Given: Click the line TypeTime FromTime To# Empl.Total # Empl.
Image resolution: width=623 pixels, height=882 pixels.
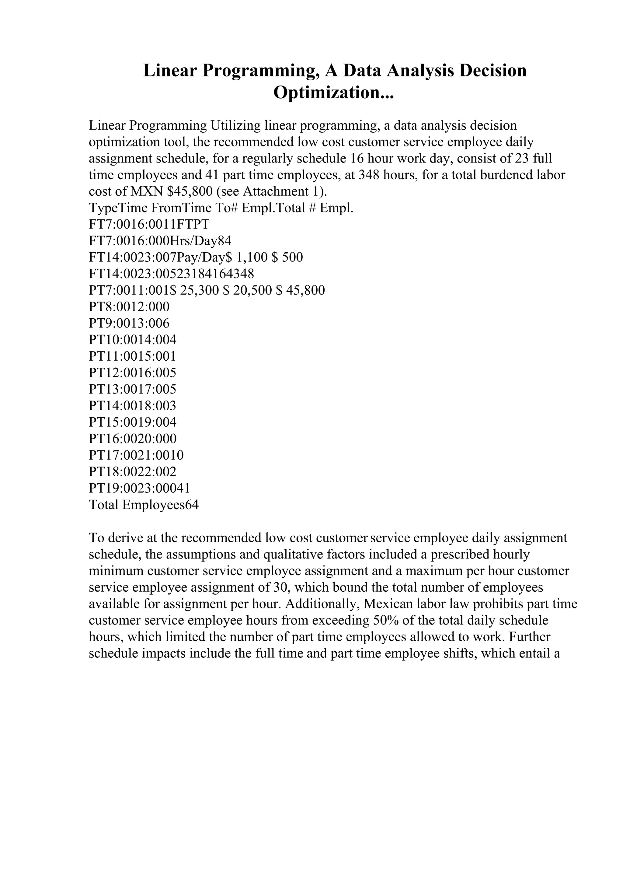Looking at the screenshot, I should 221,208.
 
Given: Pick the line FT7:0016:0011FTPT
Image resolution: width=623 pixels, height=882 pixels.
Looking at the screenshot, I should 149,224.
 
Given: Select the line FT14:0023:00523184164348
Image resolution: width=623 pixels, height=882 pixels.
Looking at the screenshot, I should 171,274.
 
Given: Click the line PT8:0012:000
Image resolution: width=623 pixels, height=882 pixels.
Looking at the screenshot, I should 129,307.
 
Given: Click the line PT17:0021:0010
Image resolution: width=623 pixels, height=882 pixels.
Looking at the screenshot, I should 136,455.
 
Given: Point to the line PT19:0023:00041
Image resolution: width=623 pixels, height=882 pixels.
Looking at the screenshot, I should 139,488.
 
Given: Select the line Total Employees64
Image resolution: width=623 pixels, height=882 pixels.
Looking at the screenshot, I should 144,505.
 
